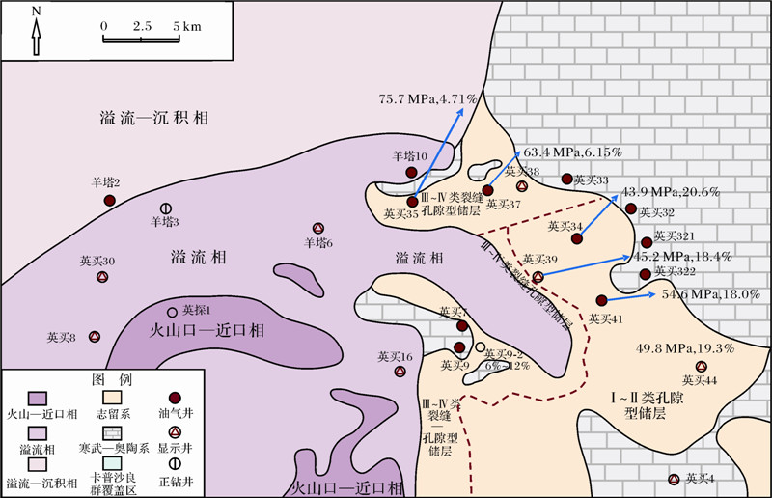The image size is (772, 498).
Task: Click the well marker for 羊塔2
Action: pyautogui.click(x=110, y=200)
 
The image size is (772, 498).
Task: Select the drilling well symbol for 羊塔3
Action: pyautogui.click(x=166, y=207)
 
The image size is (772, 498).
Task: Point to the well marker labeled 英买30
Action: pyautogui.click(x=101, y=277)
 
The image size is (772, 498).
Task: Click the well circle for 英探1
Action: pyautogui.click(x=173, y=311)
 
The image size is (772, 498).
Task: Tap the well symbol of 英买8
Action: pyautogui.click(x=95, y=337)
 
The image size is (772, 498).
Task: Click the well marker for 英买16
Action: pyautogui.click(x=400, y=372)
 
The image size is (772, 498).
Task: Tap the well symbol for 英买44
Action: pyautogui.click(x=702, y=367)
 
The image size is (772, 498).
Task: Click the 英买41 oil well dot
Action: pyautogui.click(x=601, y=300)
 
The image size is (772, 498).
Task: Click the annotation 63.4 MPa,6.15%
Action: pyautogui.click(x=573, y=152)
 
